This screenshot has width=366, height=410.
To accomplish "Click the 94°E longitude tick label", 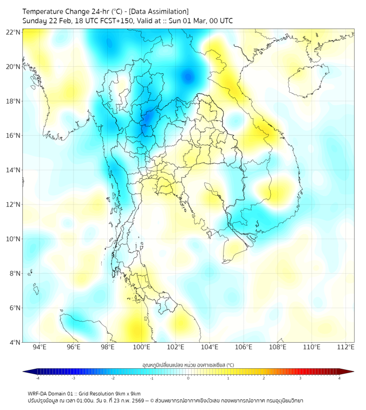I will [x=40, y=347].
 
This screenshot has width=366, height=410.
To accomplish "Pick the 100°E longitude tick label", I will [x=142, y=347].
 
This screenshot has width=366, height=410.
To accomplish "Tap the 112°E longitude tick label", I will [x=346, y=347].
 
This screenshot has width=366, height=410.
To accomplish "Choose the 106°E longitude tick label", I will [x=244, y=347].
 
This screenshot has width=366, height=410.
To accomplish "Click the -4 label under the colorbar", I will [x=37, y=378].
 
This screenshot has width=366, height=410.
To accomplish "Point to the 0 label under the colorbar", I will [x=188, y=378].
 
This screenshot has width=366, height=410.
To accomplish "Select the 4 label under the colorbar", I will [x=339, y=378].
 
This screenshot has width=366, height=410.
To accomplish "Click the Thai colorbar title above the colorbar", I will [x=188, y=364].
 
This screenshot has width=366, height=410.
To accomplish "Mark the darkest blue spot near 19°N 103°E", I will [x=188, y=76].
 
